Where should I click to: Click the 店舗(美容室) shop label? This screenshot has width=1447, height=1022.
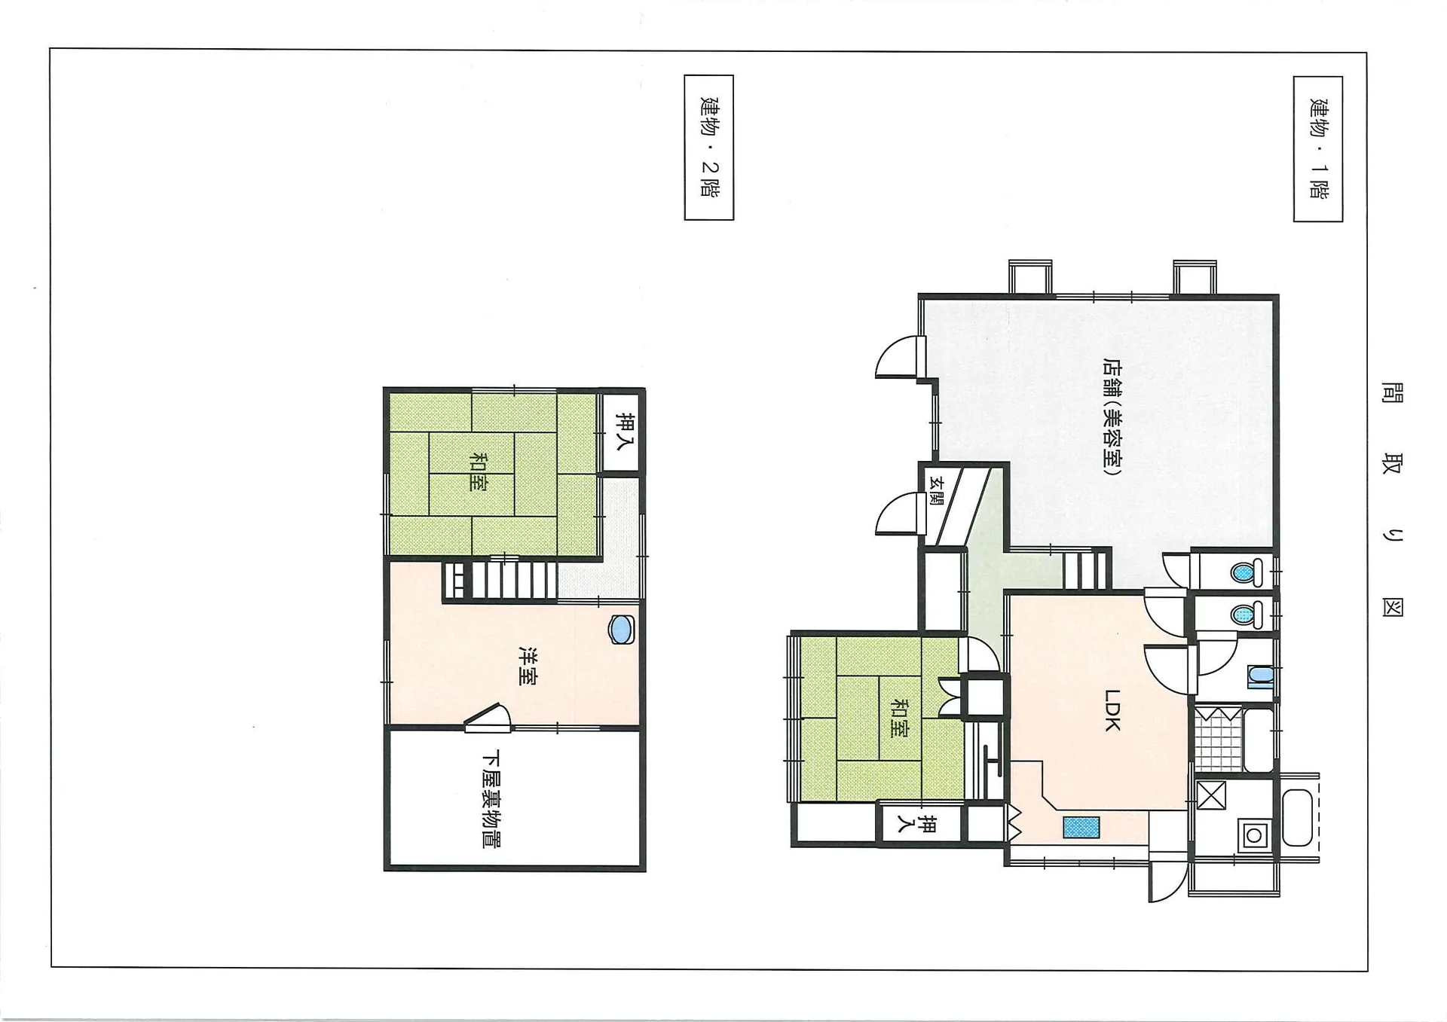click(1112, 416)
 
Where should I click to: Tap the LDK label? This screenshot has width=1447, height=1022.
click(1112, 709)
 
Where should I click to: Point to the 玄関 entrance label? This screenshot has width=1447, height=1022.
click(936, 490)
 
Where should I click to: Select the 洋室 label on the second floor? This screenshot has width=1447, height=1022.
click(528, 666)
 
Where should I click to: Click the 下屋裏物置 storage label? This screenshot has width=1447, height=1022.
click(491, 798)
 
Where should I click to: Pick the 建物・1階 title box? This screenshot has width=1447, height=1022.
click(1317, 149)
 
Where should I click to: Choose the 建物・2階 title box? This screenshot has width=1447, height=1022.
click(708, 148)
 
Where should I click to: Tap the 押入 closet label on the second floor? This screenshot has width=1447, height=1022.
click(625, 432)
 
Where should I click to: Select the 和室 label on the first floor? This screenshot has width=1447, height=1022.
click(899, 718)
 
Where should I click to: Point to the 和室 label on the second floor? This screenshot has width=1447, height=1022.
click(478, 471)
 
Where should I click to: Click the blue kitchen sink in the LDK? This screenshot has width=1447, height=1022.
click(1081, 827)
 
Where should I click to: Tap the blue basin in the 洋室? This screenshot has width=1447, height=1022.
click(621, 630)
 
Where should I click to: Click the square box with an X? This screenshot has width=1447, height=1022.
click(1211, 795)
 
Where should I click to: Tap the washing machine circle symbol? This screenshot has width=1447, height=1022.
click(1254, 836)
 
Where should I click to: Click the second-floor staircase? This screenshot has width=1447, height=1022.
click(500, 580)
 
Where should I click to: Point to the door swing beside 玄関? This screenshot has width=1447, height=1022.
click(900, 514)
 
